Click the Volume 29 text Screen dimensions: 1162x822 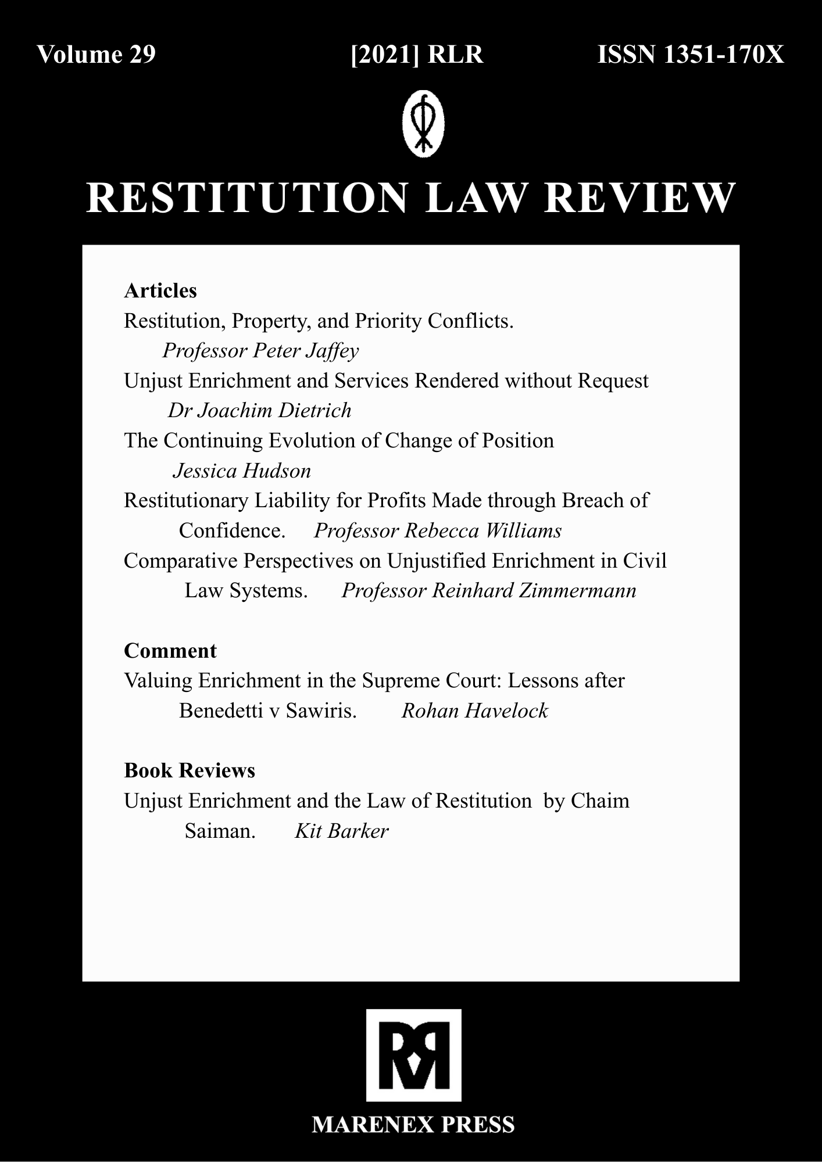click(97, 55)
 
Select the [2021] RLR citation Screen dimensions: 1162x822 click(417, 55)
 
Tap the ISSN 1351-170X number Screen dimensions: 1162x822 click(691, 55)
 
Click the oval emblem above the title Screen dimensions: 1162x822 click(423, 123)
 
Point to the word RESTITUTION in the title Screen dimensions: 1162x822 click(247, 198)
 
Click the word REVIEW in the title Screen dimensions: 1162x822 click(639, 198)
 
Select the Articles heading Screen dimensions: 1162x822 click(160, 290)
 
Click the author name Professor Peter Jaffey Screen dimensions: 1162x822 click(260, 351)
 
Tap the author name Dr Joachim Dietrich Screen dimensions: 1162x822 click(259, 411)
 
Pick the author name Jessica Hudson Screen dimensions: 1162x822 click(242, 471)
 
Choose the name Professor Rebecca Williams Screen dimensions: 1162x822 click(438, 531)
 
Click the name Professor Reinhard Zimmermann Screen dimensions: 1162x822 click(489, 591)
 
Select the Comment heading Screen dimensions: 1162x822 click(170, 651)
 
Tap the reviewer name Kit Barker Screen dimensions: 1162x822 click(341, 831)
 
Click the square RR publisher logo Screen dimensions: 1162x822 click(413, 1055)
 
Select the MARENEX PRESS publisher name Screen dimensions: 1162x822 click(413, 1125)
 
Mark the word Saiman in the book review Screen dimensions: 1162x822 click(219, 831)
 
